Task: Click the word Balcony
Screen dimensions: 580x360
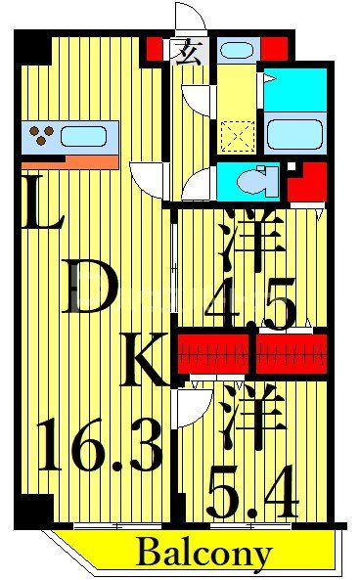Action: pyautogui.click(x=203, y=554)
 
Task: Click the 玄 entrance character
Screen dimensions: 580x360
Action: pyautogui.click(x=183, y=50)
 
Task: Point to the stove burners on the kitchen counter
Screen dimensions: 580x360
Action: pyautogui.click(x=43, y=134)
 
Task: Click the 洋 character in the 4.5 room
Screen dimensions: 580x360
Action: pyautogui.click(x=251, y=240)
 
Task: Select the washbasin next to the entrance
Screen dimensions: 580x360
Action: pyautogui.click(x=236, y=49)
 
